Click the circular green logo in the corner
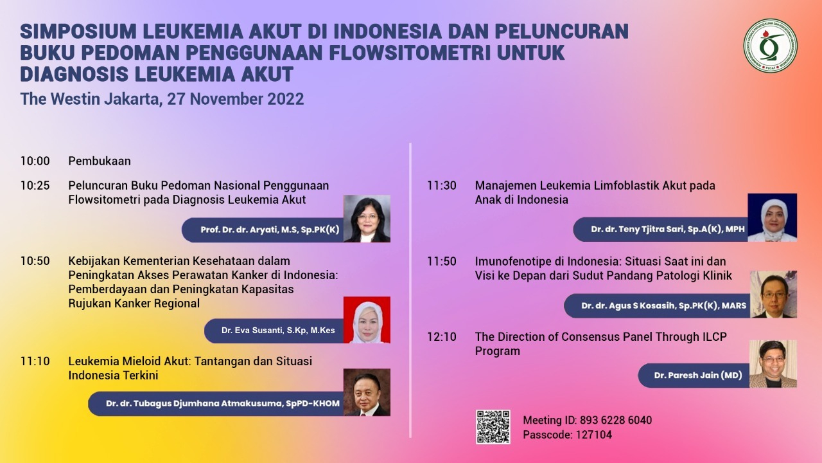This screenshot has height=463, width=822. click(x=770, y=46)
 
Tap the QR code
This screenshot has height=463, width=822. click(x=493, y=426)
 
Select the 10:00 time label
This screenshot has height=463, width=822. click(x=35, y=161)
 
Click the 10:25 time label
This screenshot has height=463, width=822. click(x=35, y=186)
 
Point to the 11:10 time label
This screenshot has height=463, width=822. click(x=35, y=361)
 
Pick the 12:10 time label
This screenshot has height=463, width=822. click(x=441, y=336)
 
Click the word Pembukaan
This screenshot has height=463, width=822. click(x=100, y=161)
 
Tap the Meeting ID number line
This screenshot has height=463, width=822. click(x=587, y=420)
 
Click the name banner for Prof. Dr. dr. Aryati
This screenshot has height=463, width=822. click(x=263, y=230)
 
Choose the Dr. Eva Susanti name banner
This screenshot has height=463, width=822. click(x=274, y=331)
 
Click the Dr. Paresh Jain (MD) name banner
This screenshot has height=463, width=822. click(x=694, y=375)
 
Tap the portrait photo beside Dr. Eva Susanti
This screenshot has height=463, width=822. click(x=367, y=320)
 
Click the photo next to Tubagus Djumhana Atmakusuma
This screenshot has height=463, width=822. click(x=367, y=392)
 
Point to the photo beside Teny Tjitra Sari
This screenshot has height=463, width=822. click(x=772, y=217)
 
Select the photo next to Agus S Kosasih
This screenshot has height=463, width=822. click(x=773, y=294)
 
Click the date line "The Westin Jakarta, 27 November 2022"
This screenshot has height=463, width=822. click(x=162, y=99)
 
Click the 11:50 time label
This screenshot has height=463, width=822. click(x=441, y=261)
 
